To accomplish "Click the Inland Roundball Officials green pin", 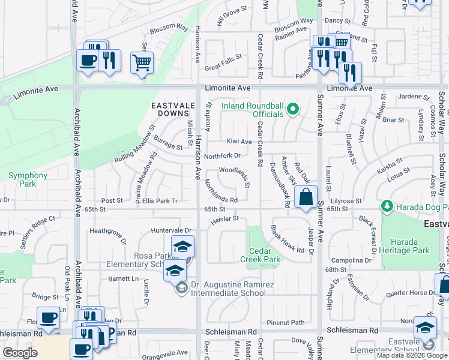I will (293, 109).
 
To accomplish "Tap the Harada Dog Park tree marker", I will (387, 206).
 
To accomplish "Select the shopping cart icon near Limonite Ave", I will (142, 62).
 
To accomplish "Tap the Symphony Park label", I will (28, 176).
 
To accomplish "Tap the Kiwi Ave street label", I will (239, 142).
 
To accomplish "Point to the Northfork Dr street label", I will (222, 155).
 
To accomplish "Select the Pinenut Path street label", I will (286, 322).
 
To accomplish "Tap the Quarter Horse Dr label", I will (408, 293).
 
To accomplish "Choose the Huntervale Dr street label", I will (171, 230).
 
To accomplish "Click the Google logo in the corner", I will (20, 353).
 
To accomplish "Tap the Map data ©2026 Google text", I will (412, 355).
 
